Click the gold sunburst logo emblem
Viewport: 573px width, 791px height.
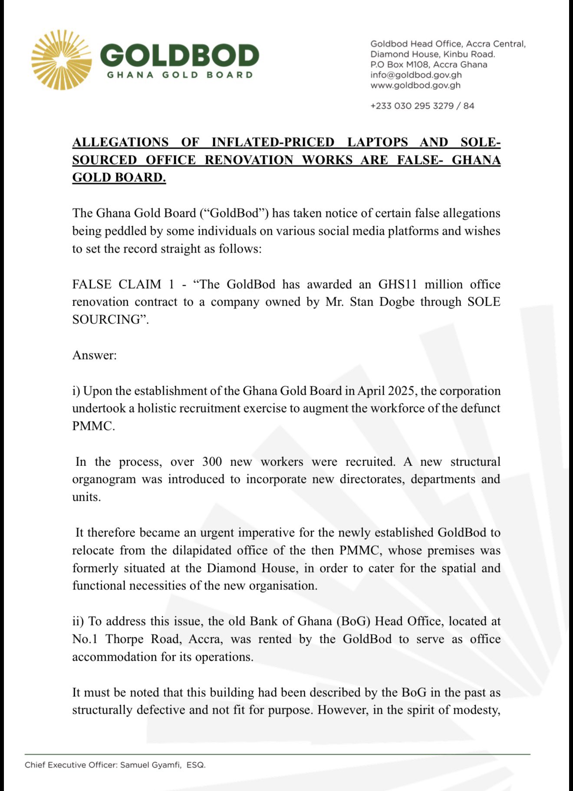click(x=61, y=60)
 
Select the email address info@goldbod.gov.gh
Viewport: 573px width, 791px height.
click(x=416, y=75)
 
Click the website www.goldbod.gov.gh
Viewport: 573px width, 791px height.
click(x=415, y=85)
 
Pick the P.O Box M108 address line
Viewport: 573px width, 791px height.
click(x=428, y=64)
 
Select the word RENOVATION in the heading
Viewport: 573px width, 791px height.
click(x=249, y=160)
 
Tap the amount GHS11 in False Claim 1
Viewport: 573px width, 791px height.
click(x=398, y=284)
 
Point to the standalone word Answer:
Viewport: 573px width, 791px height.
click(x=94, y=355)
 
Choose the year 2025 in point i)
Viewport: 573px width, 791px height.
click(x=401, y=391)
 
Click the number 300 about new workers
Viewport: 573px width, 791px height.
click(x=212, y=462)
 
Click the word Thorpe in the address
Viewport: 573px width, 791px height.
click(x=125, y=639)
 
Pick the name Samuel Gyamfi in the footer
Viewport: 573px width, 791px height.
click(x=150, y=765)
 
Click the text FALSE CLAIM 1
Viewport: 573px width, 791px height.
click(x=123, y=284)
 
